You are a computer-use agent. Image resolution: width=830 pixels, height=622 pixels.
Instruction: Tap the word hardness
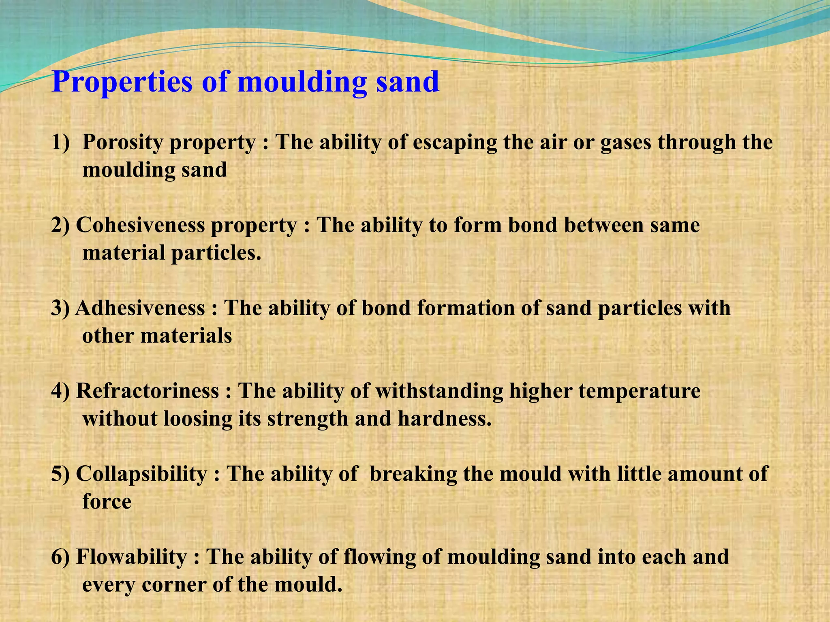444,419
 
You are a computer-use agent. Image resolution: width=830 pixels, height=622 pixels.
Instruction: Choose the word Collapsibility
141,474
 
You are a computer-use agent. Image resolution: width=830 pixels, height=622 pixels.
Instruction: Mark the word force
107,501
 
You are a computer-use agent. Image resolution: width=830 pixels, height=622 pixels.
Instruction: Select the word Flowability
131,557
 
